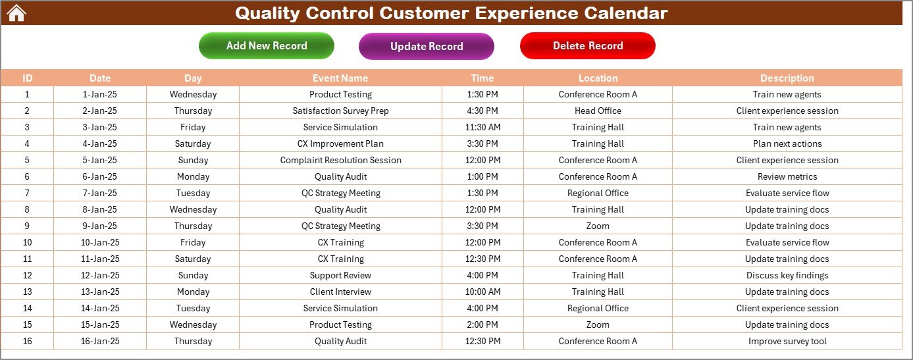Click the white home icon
click(x=16, y=13)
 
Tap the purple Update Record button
click(x=427, y=46)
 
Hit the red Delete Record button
click(x=588, y=45)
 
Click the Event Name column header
click(x=340, y=78)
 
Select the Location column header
click(x=598, y=78)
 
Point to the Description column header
click(x=787, y=78)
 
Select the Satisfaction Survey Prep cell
click(x=340, y=111)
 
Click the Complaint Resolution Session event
click(x=340, y=160)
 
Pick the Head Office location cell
click(x=598, y=111)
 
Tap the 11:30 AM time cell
click(x=483, y=127)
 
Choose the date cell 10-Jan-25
click(x=100, y=243)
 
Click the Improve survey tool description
click(x=787, y=342)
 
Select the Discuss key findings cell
click(x=787, y=276)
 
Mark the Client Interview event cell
click(x=340, y=292)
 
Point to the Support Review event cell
click(x=340, y=276)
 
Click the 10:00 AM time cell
click(x=483, y=292)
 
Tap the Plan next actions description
click(x=787, y=144)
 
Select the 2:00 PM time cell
click(x=483, y=325)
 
